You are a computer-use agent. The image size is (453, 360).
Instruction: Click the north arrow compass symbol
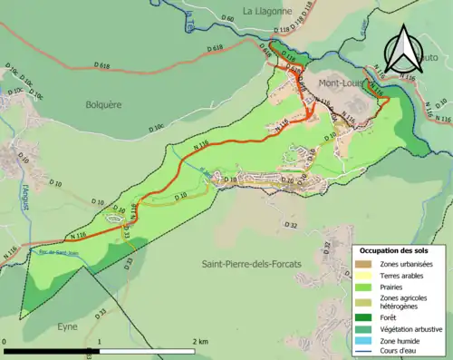(403, 49)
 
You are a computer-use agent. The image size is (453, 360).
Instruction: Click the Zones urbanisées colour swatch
(362, 264)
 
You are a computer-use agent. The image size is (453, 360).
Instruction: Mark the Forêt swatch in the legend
(362, 317)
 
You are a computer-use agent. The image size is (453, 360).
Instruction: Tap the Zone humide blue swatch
(362, 341)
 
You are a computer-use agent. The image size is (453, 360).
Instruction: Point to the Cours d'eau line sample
(362, 352)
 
